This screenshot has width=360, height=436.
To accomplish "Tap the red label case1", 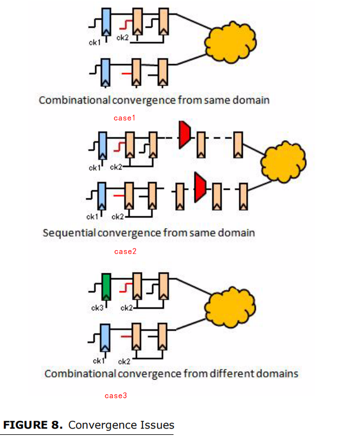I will (x=125, y=118).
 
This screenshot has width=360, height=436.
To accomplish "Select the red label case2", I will (x=125, y=252).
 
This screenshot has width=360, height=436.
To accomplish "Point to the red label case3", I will (x=116, y=396).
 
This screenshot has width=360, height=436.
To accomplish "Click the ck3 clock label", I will (x=97, y=308).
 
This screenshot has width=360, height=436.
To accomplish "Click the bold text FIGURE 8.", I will (x=33, y=425).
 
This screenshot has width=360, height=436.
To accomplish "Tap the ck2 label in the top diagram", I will (x=122, y=38).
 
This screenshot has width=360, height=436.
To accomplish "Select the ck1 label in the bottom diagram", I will (x=98, y=361).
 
